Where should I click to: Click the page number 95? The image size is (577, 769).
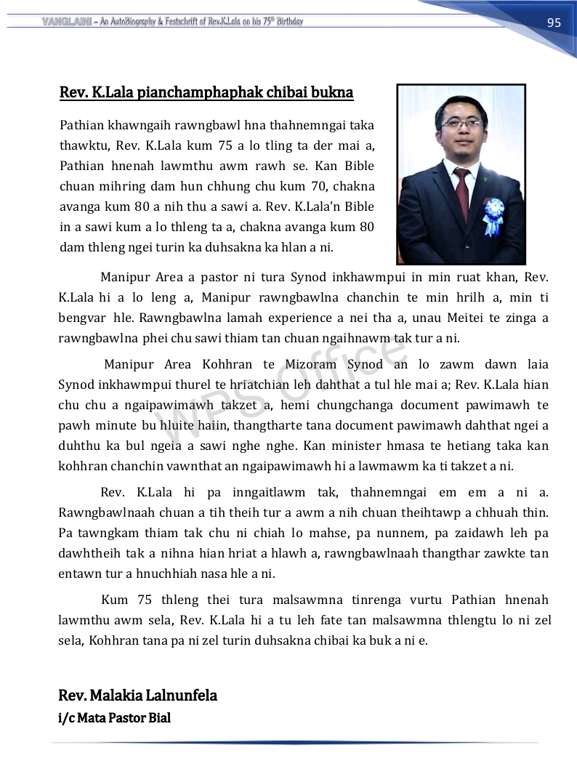(554, 23)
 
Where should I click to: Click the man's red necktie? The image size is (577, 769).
(461, 192)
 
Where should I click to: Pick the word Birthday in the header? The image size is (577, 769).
(285, 21)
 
